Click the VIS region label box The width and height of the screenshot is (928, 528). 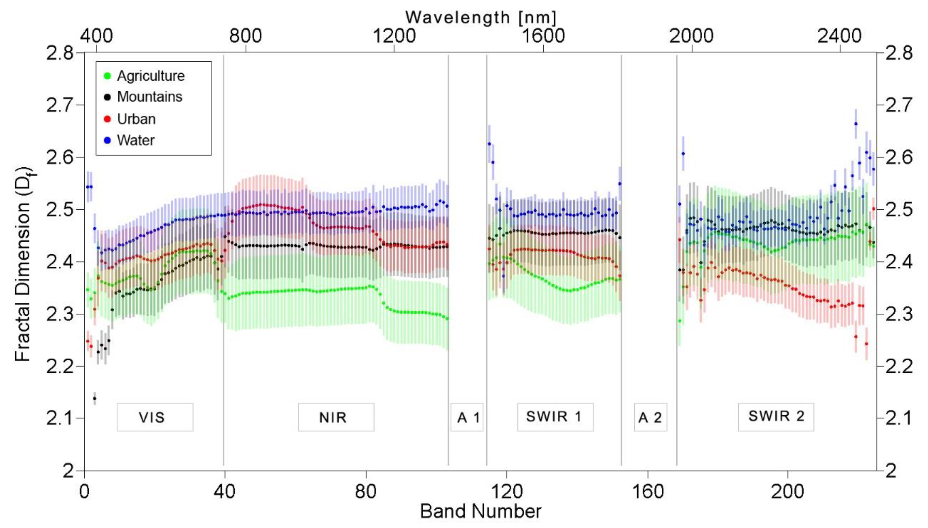tap(155, 417)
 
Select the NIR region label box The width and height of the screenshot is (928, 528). tap(336, 417)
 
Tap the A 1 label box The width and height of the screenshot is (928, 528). tap(467, 417)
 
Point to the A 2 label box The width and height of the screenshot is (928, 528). tap(650, 417)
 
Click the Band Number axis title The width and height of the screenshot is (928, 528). tap(481, 511)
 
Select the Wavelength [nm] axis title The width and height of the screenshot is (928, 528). tap(481, 17)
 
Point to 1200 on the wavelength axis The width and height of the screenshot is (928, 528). tap(394, 36)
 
